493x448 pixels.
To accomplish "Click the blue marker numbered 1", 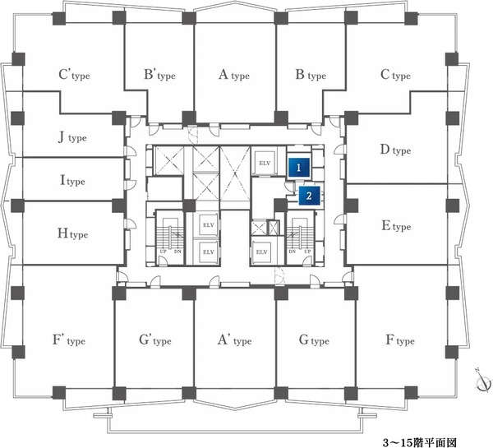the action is [299, 168].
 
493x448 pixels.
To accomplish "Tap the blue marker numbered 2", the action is [309, 196].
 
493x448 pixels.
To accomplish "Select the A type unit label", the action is [234, 75].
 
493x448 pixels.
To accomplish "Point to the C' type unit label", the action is [74, 75].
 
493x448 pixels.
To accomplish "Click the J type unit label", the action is [72, 137].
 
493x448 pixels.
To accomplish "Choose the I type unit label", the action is [72, 181].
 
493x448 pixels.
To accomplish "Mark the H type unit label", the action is [72, 233].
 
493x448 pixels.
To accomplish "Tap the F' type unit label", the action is [69, 340].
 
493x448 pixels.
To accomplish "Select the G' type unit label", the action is [155, 340].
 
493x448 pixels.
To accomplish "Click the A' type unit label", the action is [234, 340].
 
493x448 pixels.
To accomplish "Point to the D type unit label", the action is [395, 150].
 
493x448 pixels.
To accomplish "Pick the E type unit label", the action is [396, 226].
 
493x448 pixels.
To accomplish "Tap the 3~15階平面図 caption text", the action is [419, 442].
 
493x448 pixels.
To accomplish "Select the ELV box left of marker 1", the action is [265, 164].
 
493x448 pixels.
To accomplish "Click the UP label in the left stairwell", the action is [163, 252].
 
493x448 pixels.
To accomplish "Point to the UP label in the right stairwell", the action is [308, 252].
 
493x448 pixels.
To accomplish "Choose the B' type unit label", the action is [159, 75].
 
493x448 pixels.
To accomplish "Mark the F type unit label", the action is [400, 340].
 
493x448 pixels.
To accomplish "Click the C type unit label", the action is [395, 75].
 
